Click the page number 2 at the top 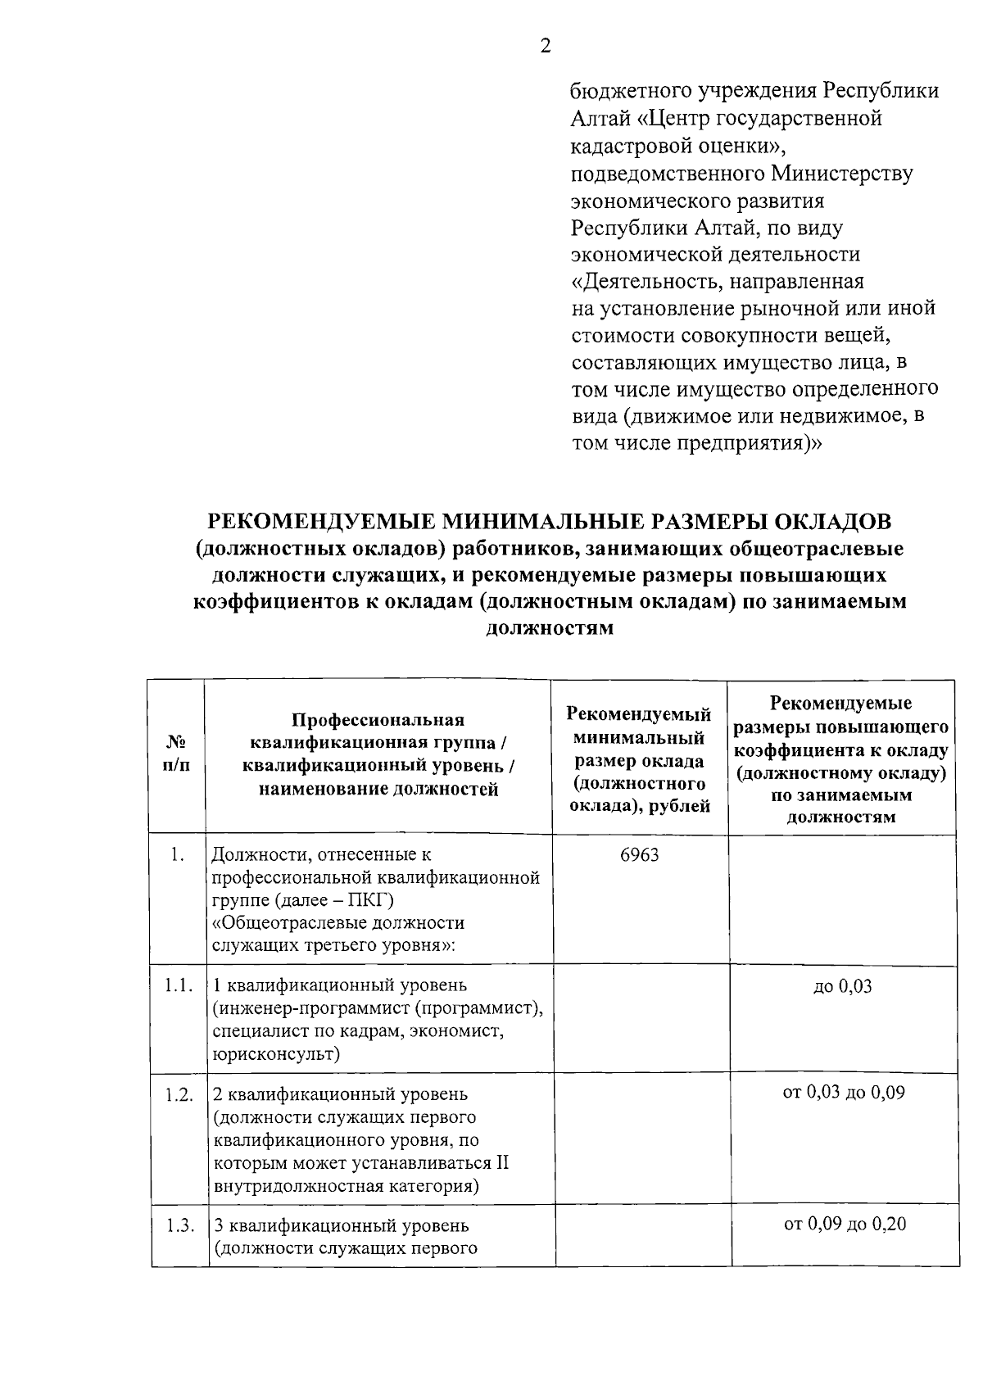pos(546,47)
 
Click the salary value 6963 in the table pos(640,855)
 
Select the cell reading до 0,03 pos(842,986)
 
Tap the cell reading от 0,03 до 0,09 pos(844,1093)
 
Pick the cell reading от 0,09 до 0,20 pos(845,1225)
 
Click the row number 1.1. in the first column pos(178,985)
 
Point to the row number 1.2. pos(179,1094)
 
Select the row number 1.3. pos(179,1226)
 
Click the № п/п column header pos(176,753)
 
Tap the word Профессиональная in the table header pos(378,720)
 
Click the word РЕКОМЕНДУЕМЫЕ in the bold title pos(321,522)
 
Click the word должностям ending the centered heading pos(550,630)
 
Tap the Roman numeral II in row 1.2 pos(501,1163)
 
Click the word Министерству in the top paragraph pos(842,174)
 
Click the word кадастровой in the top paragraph pos(625,146)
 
